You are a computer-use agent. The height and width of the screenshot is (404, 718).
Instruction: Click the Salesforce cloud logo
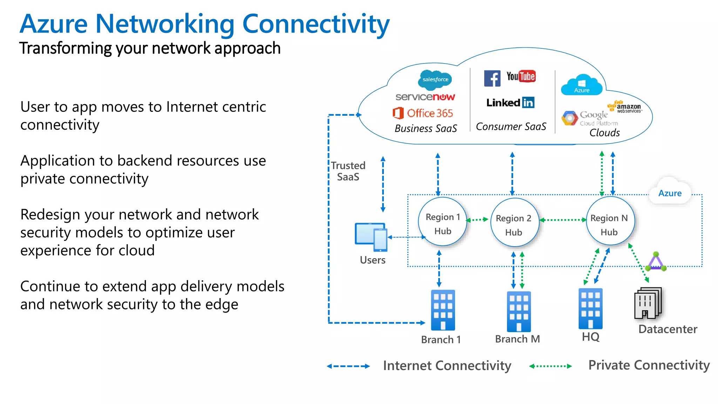[435, 80]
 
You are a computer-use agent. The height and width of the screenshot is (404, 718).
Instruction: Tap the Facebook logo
[492, 78]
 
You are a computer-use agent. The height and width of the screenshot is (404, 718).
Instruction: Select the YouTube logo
[521, 76]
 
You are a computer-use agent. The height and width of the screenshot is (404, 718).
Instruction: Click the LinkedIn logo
[510, 102]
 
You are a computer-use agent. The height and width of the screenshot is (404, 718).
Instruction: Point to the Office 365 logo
[423, 113]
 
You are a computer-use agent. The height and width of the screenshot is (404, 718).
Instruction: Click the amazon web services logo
[625, 107]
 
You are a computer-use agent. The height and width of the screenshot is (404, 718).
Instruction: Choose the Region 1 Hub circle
[442, 222]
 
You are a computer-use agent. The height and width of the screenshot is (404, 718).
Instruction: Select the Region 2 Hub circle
[514, 223]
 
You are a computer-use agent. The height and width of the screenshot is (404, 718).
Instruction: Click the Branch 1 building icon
[443, 310]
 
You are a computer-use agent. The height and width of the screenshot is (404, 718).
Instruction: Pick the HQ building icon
[590, 309]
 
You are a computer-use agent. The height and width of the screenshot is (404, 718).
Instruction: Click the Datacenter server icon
[648, 303]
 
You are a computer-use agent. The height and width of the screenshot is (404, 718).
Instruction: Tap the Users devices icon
[371, 237]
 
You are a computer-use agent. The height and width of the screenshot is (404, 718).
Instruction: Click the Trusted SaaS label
[348, 171]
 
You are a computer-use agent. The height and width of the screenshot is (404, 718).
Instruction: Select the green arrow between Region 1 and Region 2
[477, 220]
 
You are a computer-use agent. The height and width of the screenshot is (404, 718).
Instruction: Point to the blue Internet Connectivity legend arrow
[348, 366]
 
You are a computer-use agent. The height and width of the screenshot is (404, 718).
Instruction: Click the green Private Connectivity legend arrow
[550, 366]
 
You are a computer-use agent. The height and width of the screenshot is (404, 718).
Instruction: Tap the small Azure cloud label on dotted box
[670, 193]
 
